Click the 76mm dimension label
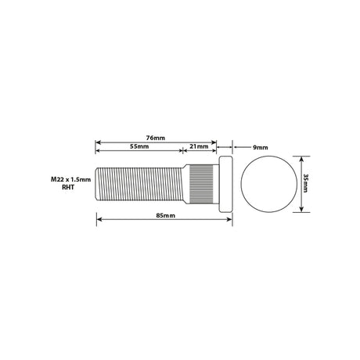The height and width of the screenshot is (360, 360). [x=156, y=138]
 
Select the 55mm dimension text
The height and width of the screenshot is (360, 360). [x=139, y=146]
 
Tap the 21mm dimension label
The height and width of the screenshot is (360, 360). [x=199, y=146]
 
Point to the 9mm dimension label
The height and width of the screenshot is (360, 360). [x=261, y=147]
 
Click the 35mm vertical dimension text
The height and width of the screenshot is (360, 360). [x=306, y=183]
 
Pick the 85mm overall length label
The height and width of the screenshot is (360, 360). [x=166, y=215]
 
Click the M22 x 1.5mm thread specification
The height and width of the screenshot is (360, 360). [x=70, y=179]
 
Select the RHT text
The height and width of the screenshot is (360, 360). [x=68, y=187]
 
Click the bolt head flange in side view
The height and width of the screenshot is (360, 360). [x=225, y=184]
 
